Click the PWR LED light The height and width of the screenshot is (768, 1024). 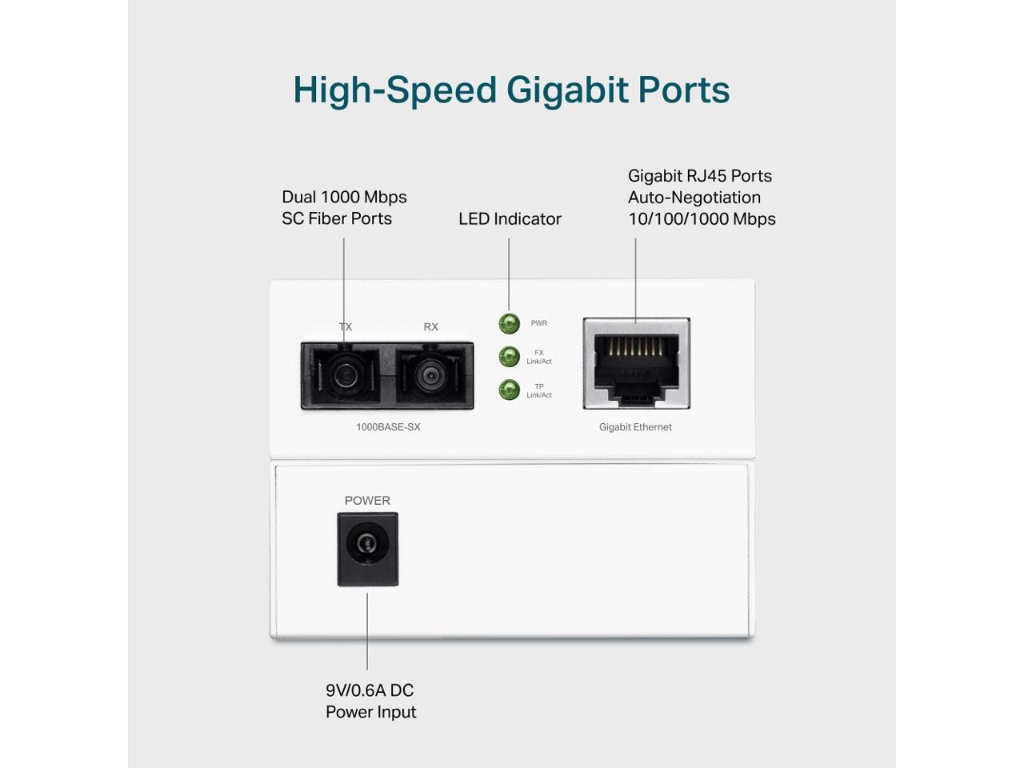tap(509, 323)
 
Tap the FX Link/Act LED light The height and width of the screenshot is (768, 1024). tap(509, 357)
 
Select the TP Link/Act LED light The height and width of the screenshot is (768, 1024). tap(509, 390)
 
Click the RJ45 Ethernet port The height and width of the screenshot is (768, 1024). tap(637, 364)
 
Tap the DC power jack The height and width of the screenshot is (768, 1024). tap(367, 545)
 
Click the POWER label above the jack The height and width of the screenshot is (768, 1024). tap(367, 501)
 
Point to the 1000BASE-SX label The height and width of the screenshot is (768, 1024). tap(388, 427)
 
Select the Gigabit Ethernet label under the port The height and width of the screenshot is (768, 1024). tap(635, 427)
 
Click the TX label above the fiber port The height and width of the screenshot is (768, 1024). tap(346, 327)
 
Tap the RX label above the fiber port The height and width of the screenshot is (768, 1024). tap(431, 327)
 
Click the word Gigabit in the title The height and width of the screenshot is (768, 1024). tap(566, 90)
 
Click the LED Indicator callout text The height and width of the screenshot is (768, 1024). tap(510, 219)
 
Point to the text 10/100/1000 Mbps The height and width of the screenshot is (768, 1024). tap(702, 219)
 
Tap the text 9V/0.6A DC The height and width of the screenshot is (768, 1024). tap(370, 690)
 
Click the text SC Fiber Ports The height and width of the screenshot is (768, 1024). tap(337, 218)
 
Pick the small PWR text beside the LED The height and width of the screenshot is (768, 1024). tap(539, 323)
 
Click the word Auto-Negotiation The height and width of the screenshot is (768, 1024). tap(694, 198)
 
